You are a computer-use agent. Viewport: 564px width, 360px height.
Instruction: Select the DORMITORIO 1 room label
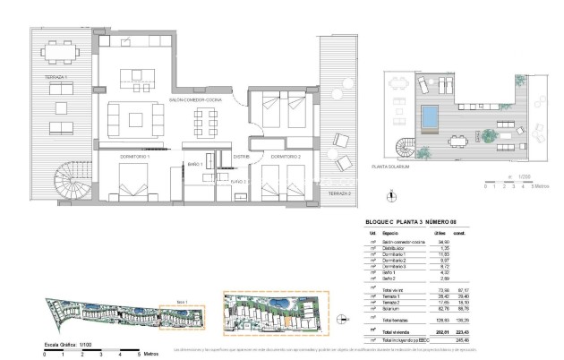[x=134, y=157]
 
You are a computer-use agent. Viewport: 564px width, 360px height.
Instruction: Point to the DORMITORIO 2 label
[x=284, y=157]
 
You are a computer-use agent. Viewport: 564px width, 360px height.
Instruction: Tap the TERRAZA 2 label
[x=339, y=193]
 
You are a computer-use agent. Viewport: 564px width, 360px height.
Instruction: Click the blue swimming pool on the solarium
[x=430, y=115]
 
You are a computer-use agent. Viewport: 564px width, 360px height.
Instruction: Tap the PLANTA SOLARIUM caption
[x=391, y=167]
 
